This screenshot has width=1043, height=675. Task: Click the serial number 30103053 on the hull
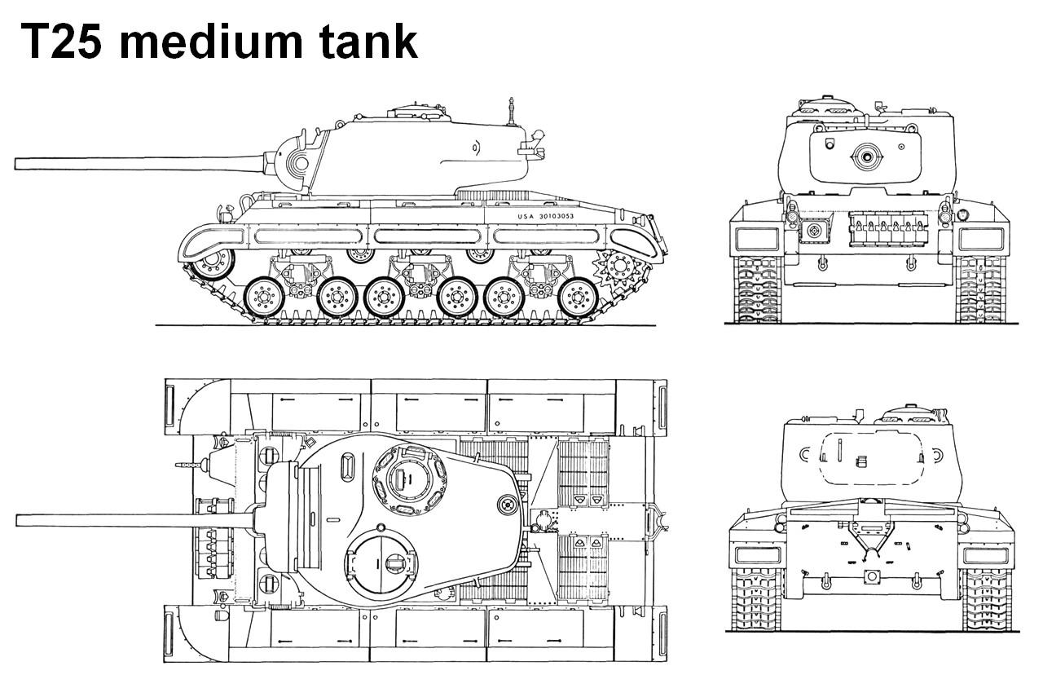(557, 216)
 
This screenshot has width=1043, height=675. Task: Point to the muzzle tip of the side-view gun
(15, 164)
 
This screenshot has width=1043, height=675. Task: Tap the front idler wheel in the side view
(213, 264)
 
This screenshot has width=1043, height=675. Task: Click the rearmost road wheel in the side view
(578, 298)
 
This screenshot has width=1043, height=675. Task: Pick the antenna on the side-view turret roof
(512, 112)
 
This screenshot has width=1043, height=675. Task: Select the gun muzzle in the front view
(866, 157)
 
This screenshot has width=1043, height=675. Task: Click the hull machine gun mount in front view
(814, 230)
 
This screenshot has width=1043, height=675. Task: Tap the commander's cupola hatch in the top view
(410, 480)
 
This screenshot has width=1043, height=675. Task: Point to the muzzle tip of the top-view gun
(17, 520)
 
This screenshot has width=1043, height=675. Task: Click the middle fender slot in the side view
(426, 236)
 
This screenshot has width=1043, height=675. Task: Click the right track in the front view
(980, 289)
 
